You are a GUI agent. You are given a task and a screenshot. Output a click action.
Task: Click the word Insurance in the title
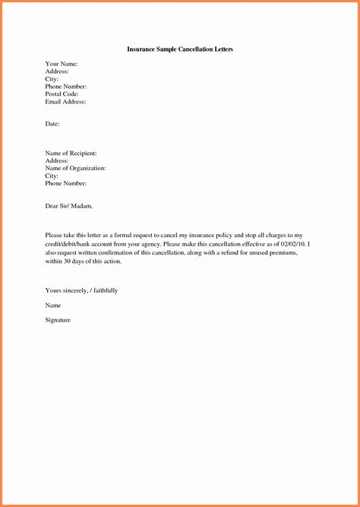pos(142,49)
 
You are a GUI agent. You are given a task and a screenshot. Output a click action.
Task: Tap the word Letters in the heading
pos(220,49)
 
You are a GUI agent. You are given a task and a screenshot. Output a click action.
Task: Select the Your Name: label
pos(62,64)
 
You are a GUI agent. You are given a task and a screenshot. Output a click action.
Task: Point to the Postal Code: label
pos(62,93)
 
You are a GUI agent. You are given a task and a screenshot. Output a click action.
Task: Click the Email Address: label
pos(65,101)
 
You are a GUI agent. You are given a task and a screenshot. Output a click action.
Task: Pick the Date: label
pos(52,123)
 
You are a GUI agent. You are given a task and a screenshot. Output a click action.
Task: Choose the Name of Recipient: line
pos(71,154)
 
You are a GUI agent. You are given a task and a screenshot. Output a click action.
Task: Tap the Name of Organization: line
pos(75,168)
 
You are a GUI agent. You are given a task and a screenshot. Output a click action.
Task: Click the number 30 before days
pos(68,261)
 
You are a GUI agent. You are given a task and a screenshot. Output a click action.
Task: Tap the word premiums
pos(279,252)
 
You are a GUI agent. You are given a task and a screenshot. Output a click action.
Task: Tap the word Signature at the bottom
pos(58,320)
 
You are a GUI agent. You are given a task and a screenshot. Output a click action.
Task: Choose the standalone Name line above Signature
pos(53,306)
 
